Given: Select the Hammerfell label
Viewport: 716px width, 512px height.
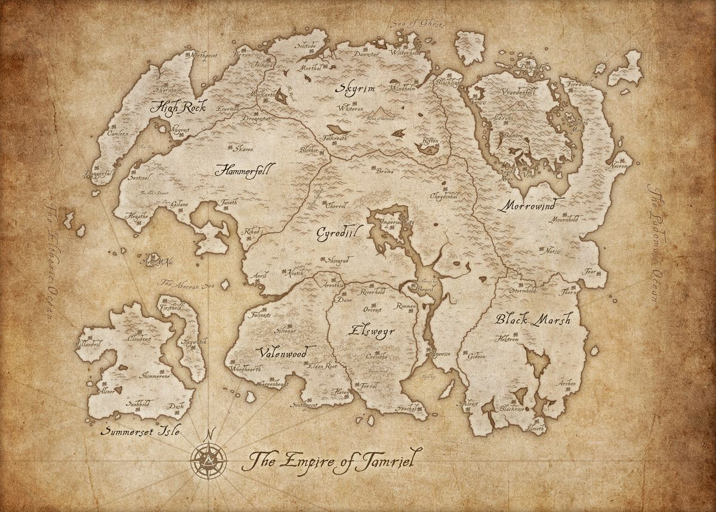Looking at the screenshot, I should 244,170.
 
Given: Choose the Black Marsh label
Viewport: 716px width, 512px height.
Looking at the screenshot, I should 533,320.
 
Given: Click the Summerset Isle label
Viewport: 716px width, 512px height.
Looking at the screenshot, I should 141,431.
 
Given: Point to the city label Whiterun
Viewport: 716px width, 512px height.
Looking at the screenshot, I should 349,109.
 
